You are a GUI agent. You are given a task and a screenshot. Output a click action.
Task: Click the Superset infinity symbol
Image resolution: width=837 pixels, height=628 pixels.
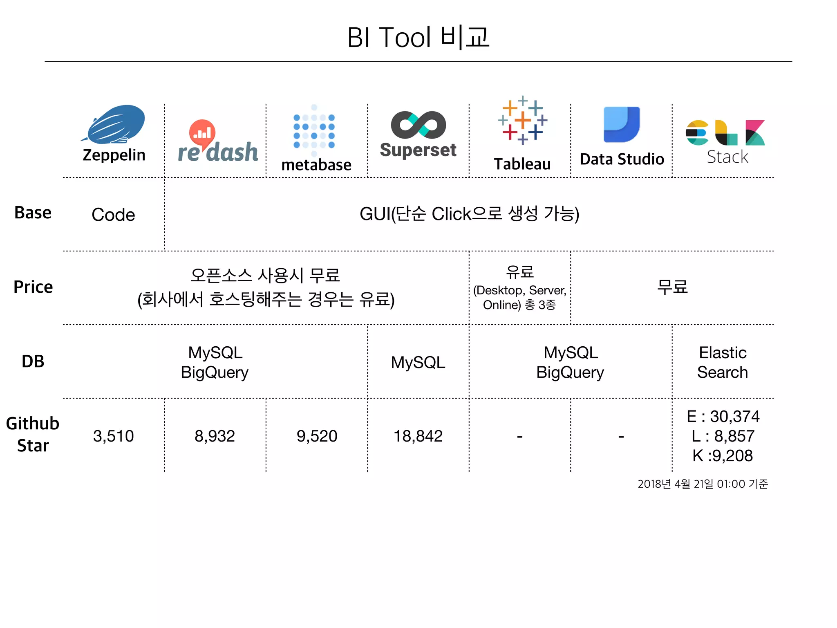418,125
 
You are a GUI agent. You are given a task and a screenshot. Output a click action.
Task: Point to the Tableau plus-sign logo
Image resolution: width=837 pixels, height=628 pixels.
522,120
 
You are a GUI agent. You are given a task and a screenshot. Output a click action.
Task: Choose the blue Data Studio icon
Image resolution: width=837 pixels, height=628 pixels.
622,124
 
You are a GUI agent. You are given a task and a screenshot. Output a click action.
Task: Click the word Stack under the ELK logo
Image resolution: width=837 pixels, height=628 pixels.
727,157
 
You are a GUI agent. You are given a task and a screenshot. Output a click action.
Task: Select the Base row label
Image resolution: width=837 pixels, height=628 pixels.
33,213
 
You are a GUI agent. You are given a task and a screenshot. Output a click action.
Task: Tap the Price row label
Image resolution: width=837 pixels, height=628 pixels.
33,287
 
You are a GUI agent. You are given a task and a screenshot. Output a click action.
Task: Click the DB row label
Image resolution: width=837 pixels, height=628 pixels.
33,361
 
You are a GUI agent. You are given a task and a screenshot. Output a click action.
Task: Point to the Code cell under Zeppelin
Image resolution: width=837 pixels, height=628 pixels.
113,215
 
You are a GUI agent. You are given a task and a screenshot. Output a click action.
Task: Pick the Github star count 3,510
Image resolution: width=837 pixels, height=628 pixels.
113,436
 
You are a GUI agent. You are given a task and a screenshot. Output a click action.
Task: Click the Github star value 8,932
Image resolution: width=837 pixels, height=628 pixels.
215,436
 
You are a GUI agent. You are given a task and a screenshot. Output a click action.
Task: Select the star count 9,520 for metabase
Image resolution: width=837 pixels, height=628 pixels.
317,436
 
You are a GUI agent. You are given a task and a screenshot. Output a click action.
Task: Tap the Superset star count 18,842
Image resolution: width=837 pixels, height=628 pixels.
418,436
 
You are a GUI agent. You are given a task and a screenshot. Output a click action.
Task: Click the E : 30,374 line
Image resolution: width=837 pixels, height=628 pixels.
723,417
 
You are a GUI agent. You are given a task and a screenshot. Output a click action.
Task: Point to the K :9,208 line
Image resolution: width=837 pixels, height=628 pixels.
723,456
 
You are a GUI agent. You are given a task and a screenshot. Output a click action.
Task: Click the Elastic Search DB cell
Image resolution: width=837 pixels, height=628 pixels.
723,362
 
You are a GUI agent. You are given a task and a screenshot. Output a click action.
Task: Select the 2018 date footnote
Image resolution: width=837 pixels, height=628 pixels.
703,484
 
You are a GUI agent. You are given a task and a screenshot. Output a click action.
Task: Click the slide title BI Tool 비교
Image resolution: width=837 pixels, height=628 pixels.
418,37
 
